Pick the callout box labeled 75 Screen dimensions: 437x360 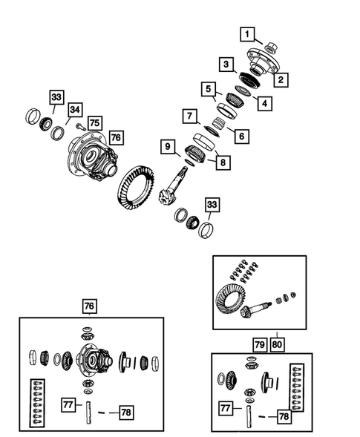(x=94, y=124)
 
